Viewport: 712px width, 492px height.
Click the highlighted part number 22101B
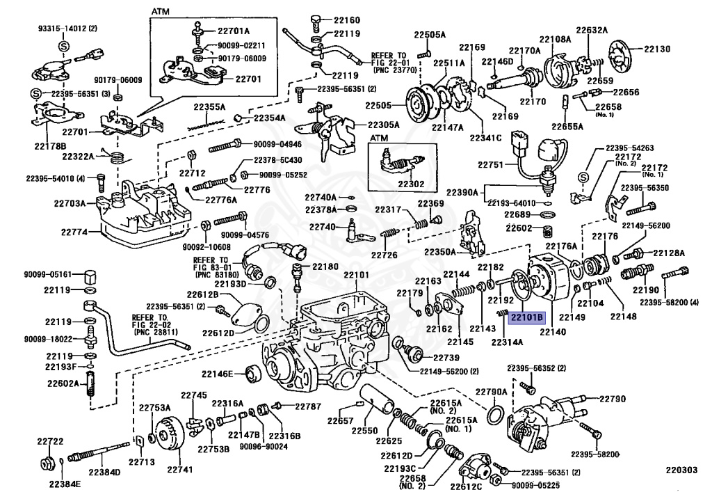coord(527,317)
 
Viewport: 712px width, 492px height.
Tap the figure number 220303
coord(681,470)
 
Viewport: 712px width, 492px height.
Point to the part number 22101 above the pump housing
coord(356,275)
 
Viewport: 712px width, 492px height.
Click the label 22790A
coord(491,392)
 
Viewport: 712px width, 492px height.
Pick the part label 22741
coord(180,469)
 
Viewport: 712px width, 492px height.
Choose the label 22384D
coord(104,472)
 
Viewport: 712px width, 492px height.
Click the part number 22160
coord(347,20)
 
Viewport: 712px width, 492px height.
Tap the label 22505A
coord(430,35)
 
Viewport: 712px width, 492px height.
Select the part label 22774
coord(74,232)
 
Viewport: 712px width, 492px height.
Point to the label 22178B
coord(50,146)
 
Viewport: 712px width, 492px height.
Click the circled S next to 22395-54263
coord(583,177)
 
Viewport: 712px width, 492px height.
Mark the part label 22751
coord(491,164)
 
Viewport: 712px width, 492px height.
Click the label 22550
coord(364,430)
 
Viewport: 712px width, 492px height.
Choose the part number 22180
coord(325,267)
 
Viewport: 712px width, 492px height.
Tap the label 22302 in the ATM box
coord(411,184)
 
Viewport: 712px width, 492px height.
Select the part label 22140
coord(553,332)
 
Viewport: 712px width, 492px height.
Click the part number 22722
coord(50,441)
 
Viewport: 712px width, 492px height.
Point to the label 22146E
coord(218,374)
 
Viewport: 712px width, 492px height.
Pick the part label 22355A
coord(209,107)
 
